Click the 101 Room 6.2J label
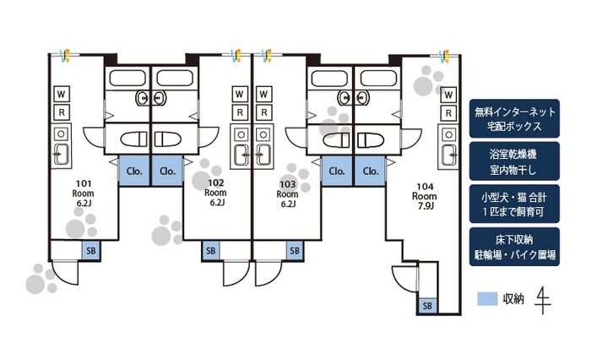[84, 192]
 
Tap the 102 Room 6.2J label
[215, 192]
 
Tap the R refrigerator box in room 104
[448, 112]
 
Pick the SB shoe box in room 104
[427, 305]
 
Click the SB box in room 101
[90, 250]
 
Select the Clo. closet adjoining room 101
[134, 170]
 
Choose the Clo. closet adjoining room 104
[370, 170]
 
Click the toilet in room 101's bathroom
[133, 139]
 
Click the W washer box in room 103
[264, 93]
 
